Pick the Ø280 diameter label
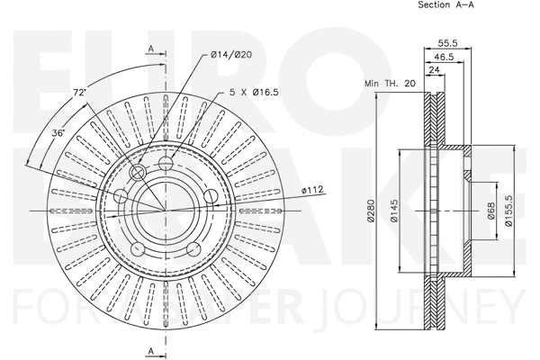click(x=370, y=211)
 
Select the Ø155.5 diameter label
click(x=509, y=211)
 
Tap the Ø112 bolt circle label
click(x=312, y=190)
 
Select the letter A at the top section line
click(x=150, y=47)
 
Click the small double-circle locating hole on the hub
click(x=138, y=172)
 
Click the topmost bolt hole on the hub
click(x=166, y=163)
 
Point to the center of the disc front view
click(x=165, y=211)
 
